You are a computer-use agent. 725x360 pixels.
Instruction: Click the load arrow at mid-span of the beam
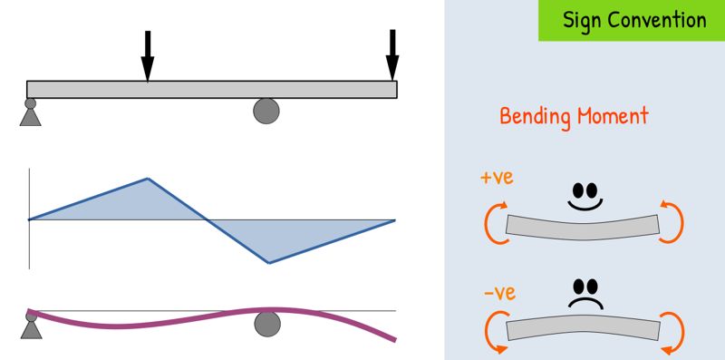(148, 56)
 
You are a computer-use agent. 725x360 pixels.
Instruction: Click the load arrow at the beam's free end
(392, 55)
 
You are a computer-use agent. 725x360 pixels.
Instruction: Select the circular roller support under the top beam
(266, 111)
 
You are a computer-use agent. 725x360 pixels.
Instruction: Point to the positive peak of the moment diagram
(148, 178)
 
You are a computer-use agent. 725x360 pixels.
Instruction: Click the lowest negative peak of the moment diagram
(269, 263)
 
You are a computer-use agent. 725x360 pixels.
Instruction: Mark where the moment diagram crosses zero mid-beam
(206, 219)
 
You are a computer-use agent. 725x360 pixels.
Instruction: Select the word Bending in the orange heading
(535, 116)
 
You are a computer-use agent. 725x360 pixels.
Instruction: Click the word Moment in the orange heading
(612, 115)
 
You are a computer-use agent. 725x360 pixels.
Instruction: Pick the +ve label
(497, 178)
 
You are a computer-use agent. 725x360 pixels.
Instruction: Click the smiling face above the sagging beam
(585, 197)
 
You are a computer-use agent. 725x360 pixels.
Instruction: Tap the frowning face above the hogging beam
(585, 294)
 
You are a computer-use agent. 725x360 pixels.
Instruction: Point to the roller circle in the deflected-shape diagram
(267, 324)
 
